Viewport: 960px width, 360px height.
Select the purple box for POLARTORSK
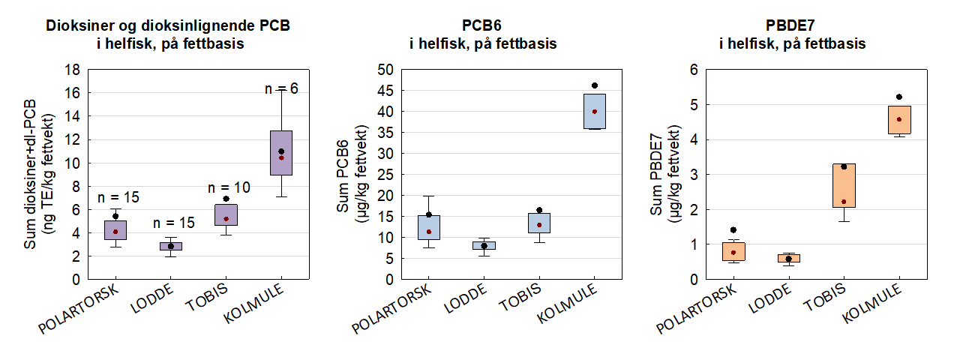point(115,230)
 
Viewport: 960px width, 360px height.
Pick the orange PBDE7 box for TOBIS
point(844,185)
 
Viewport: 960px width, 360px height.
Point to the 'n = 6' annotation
point(281,88)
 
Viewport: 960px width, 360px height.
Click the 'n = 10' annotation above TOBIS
point(229,187)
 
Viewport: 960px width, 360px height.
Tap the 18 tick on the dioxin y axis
point(73,70)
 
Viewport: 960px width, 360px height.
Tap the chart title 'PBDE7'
point(792,25)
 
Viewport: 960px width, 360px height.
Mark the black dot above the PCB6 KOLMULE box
point(595,85)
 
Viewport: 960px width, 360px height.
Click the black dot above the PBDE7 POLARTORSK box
point(733,230)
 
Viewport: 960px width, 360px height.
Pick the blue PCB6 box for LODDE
point(484,245)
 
